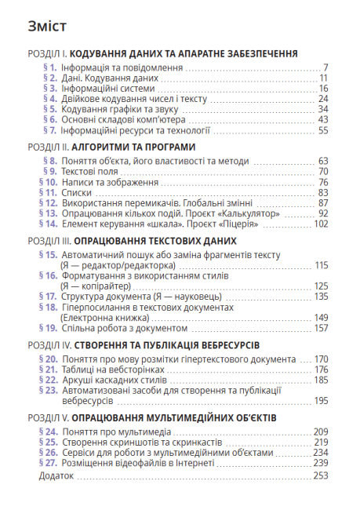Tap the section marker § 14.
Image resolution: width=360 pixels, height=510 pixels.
pos(48,223)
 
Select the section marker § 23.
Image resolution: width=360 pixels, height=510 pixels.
pos(48,390)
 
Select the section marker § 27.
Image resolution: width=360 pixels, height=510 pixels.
pos(48,463)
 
